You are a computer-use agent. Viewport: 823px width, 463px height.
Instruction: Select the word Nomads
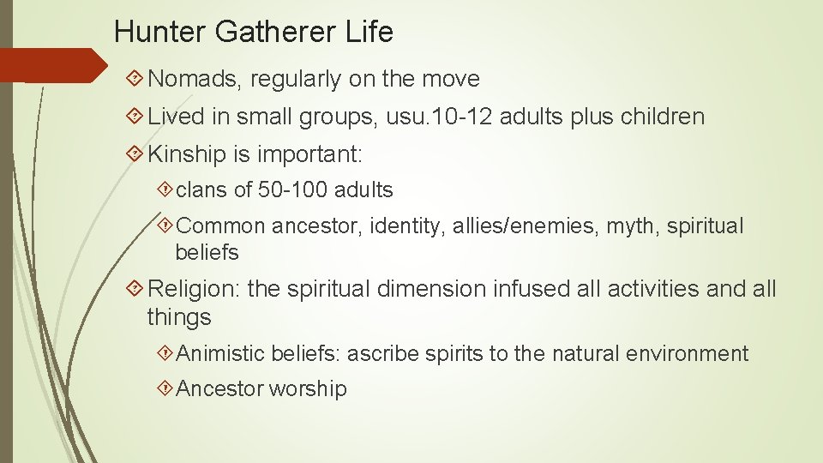195,80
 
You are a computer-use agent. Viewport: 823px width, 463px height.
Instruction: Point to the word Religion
194,289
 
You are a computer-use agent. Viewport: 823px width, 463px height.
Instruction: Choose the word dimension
432,289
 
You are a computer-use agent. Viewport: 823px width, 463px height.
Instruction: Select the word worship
308,389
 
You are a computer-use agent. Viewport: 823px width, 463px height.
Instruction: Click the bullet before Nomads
134,80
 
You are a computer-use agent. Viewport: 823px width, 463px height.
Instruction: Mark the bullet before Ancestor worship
165,389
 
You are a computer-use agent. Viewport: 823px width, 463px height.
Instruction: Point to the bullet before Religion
134,289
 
